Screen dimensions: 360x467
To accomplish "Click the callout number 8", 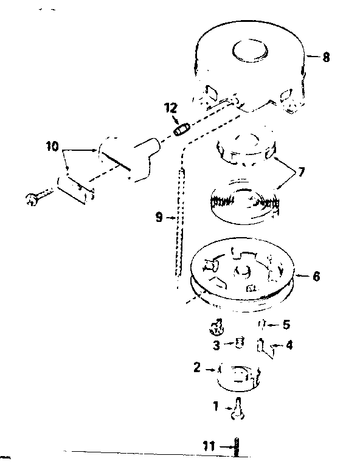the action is tap(326, 57).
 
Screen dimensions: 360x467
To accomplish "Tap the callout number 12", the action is tap(171, 108).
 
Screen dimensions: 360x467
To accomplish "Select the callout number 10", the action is tap(52, 147).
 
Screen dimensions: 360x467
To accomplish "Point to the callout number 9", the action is tap(159, 218).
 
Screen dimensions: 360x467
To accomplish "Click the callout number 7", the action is tap(302, 172).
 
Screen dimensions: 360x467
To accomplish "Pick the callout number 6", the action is tap(316, 276).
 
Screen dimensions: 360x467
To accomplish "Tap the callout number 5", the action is tap(286, 324).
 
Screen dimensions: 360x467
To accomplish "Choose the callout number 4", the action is tap(289, 345).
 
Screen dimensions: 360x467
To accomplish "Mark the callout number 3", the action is tap(216, 345).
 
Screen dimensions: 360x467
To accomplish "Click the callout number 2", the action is tap(197, 367).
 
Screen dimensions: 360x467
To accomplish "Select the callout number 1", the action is tap(216, 406).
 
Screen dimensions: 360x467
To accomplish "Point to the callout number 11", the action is tap(209, 446).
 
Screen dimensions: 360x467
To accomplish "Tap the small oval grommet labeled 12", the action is tap(181, 130).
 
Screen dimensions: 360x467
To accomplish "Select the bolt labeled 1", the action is tap(238, 409).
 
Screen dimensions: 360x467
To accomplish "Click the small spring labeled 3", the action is tap(240, 342).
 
